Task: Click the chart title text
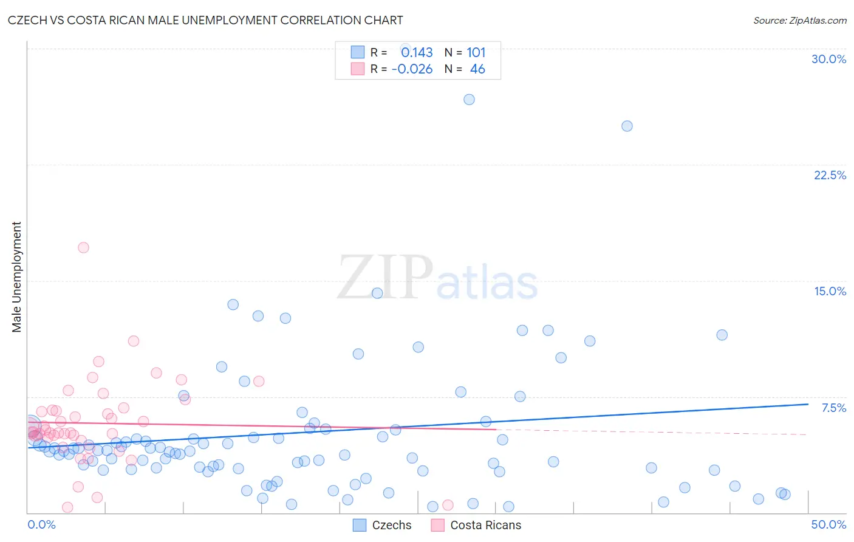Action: coord(205,21)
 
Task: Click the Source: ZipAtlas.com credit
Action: coord(799,21)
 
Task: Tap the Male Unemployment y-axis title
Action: coord(17,277)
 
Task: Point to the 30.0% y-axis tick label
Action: coord(828,59)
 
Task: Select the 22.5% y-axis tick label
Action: coord(830,175)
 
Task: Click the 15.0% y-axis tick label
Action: coord(830,291)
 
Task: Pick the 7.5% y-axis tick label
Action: coord(833,408)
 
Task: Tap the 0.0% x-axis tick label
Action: coord(41,524)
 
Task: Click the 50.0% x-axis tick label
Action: coord(828,524)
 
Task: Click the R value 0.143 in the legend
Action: coord(417,53)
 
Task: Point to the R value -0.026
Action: coord(412,69)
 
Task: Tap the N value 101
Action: coord(476,53)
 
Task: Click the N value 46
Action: coord(477,69)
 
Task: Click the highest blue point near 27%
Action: coord(469,100)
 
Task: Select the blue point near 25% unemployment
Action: coord(627,126)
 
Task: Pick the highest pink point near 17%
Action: coord(83,247)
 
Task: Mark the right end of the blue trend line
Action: coord(808,404)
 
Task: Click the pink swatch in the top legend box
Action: coord(358,69)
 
